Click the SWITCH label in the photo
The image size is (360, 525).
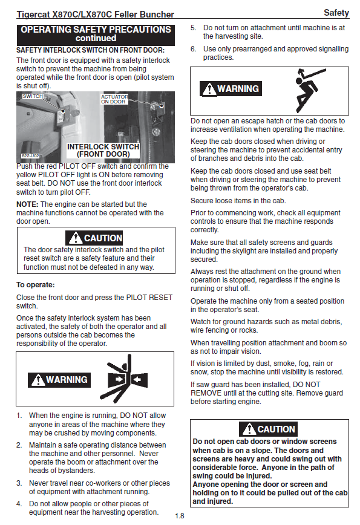pos(33,96)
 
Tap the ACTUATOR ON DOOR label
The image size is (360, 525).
pos(114,99)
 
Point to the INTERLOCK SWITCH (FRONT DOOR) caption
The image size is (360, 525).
pos(103,151)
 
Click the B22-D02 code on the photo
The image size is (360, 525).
pos(30,155)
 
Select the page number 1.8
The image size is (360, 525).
pos(180,515)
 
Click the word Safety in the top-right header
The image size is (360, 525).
pos(336,13)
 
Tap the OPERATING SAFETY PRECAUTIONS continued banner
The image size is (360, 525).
pos(96,34)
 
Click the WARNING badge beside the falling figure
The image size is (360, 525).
pos(231,89)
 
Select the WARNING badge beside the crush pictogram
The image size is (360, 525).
pos(59,380)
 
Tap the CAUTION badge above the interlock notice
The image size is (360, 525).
pos(94,238)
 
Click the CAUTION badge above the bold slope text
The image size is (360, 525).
pos(268,429)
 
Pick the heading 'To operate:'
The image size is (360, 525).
pos(36,285)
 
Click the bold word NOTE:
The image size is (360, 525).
pos(27,204)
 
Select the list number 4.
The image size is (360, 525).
pos(19,504)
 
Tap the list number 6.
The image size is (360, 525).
pos(193,49)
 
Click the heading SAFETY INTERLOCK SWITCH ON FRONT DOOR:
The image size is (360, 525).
pos(90,50)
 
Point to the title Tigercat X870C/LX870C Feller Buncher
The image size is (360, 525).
pos(96,15)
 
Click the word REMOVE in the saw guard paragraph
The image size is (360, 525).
pos(206,393)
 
